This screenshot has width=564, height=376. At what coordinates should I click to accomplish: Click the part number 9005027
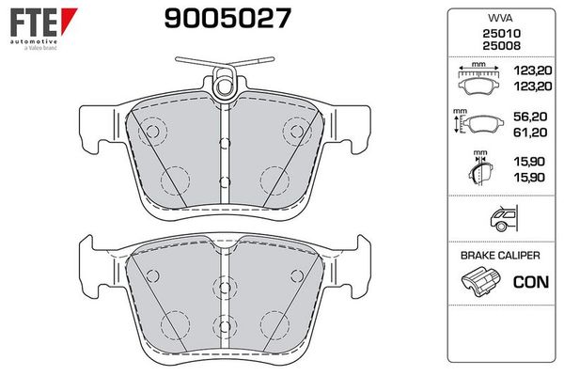pyautogui.click(x=227, y=16)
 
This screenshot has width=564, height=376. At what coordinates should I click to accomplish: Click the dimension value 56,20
pyautogui.click(x=530, y=120)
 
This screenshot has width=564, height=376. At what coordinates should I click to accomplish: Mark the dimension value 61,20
pyautogui.click(x=530, y=133)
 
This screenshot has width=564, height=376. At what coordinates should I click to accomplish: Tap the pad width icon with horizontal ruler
pyautogui.click(x=478, y=79)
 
